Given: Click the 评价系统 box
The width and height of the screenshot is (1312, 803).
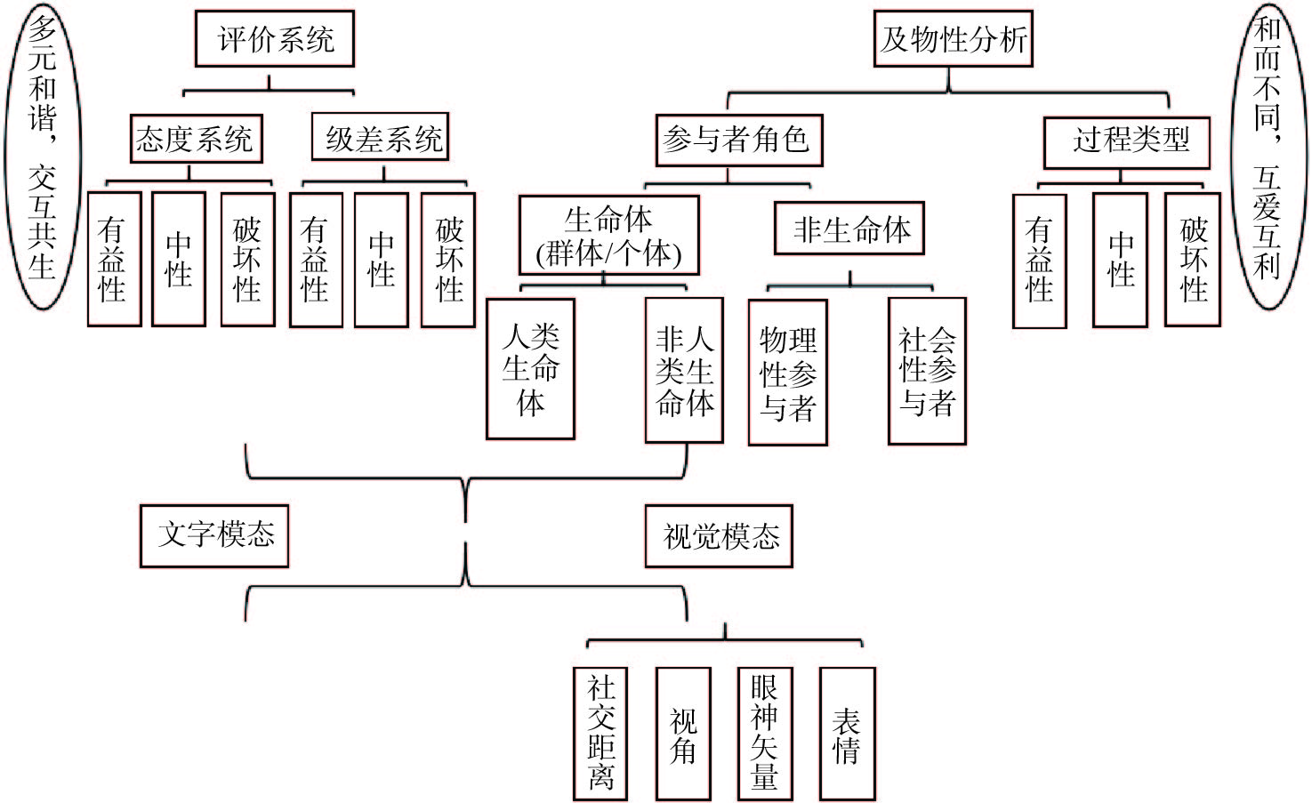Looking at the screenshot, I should pos(275,39).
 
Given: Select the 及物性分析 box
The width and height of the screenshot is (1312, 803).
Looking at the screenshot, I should pos(953,39).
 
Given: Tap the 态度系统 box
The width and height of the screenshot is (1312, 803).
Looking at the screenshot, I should pos(196,139).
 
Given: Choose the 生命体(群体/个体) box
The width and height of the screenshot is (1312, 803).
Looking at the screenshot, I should pos(609,236).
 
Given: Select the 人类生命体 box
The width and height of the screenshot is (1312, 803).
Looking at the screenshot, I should pos(531,369).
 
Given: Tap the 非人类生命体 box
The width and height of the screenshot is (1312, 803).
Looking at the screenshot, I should pos(684,370).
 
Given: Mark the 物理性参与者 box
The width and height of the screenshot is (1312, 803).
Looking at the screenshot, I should pos(788,373).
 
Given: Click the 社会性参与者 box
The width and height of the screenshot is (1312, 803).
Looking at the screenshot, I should pos(927,372).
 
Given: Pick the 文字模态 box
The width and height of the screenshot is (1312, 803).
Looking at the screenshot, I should pos(214,535).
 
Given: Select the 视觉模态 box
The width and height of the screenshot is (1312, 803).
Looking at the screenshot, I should pos(719,537).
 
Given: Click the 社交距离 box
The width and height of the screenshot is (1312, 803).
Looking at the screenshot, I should pos(601,734).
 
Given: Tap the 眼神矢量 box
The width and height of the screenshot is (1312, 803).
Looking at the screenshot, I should pos(765,734).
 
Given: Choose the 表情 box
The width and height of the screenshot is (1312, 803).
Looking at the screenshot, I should pos(847,734).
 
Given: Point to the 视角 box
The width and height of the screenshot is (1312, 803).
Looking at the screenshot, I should pos(683,734).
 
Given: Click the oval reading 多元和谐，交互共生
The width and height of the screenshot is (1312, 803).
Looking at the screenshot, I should pos(42,156).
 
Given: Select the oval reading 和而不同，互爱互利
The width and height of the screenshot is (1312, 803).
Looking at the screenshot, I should pos(1268,156).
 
